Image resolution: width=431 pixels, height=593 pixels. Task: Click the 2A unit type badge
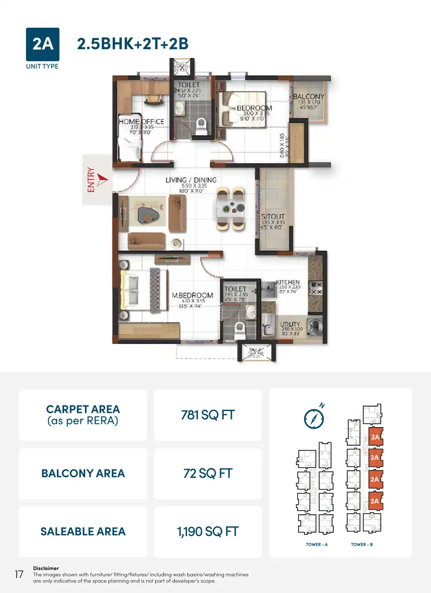tap(43, 44)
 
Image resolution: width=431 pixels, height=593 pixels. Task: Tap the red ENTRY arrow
tap(102, 179)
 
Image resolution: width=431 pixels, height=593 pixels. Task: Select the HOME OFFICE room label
tap(141, 122)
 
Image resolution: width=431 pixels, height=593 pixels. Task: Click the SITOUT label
tap(273, 216)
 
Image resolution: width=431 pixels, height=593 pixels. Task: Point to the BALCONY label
tap(308, 97)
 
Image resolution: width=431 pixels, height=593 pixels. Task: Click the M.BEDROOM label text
tap(192, 295)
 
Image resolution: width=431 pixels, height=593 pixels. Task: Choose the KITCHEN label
tap(288, 282)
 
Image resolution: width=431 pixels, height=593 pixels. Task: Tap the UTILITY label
tap(290, 324)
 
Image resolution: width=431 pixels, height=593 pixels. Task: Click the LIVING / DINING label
tap(191, 180)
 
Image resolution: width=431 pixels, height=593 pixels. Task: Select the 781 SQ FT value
tap(208, 415)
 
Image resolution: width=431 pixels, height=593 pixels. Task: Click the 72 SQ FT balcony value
tap(208, 473)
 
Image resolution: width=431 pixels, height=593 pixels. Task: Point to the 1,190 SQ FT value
tap(208, 532)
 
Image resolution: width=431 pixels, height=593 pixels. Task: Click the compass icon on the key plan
tap(314, 418)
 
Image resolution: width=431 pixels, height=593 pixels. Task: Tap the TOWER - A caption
tap(317, 544)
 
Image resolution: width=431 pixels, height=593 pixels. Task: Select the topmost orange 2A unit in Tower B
tap(375, 437)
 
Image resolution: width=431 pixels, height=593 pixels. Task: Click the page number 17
tap(19, 574)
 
